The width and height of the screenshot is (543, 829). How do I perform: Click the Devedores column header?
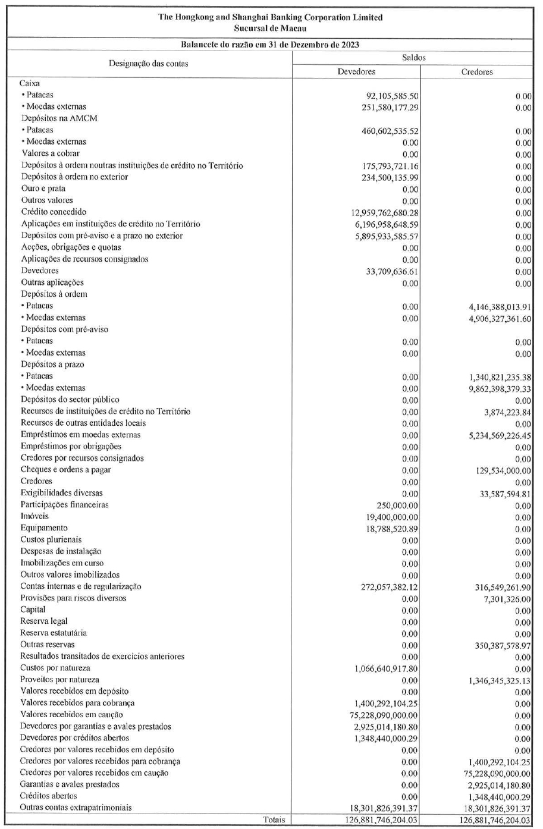[x=356, y=72]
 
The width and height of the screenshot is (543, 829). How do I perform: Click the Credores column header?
[x=477, y=72]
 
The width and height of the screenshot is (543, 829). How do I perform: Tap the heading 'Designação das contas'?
[x=148, y=64]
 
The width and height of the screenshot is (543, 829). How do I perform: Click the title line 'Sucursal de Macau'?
[x=270, y=28]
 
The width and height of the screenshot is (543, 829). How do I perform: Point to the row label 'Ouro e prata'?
[x=43, y=189]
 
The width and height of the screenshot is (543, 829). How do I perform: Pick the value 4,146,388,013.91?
[x=492, y=307]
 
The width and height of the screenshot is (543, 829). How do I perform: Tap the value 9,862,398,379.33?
[x=492, y=389]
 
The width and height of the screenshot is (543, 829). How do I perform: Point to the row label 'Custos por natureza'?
[x=55, y=668]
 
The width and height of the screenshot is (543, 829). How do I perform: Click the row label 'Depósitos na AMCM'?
[x=59, y=118]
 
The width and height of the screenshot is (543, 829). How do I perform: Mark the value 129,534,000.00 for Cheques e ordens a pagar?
[x=497, y=470]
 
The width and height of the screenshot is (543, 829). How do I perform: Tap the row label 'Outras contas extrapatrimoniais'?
[x=76, y=808]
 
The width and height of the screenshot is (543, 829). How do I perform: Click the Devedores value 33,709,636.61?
[x=392, y=272]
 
